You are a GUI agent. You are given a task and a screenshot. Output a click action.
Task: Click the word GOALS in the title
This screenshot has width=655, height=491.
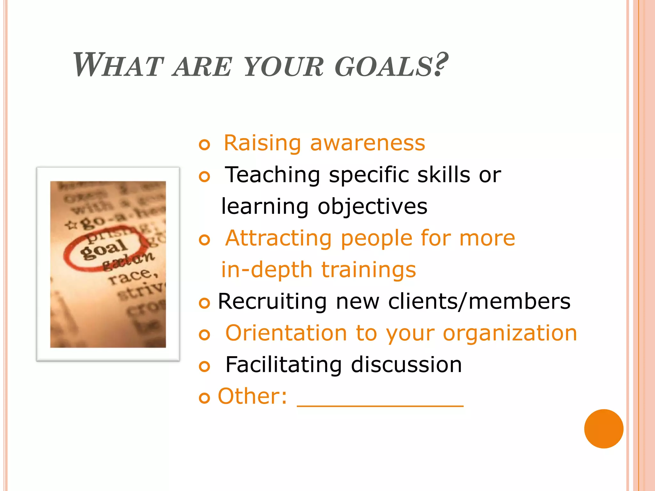[384, 66]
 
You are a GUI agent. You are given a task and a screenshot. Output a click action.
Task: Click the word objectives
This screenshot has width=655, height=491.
[373, 207]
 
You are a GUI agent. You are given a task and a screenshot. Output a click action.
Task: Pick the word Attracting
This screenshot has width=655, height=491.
[279, 238]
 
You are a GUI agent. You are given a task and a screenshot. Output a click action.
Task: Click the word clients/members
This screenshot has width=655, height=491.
[479, 301]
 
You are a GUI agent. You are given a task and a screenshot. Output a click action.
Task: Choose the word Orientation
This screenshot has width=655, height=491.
[286, 333]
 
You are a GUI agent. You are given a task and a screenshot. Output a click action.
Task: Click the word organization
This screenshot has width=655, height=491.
[510, 333]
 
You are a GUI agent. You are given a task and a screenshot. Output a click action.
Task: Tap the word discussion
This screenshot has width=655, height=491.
[406, 365]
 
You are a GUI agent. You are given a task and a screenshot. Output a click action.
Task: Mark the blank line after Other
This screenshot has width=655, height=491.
[380, 405]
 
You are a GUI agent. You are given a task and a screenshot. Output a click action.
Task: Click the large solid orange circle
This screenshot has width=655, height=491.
[604, 429]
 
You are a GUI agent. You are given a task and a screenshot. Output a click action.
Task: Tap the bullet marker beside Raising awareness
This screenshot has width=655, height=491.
[204, 145]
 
